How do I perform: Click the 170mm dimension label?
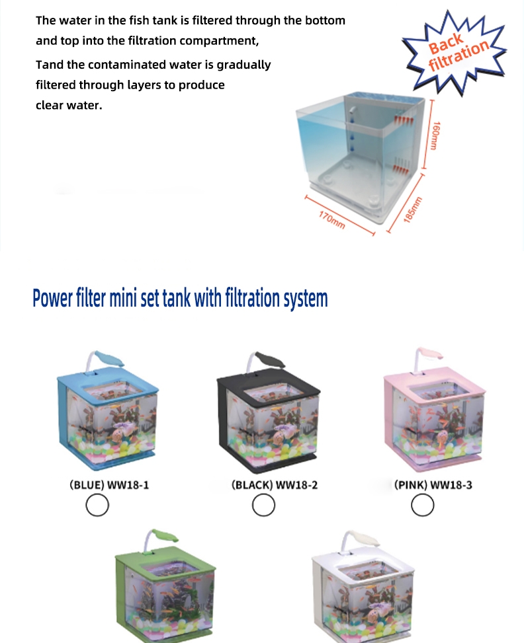[x=332, y=220]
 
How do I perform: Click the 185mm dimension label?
[x=412, y=209]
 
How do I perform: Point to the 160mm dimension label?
[x=435, y=135]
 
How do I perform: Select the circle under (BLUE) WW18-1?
[x=97, y=505]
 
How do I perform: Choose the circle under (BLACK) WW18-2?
[x=263, y=505]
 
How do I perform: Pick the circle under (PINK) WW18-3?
[x=423, y=505]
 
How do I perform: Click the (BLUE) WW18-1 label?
[x=109, y=484]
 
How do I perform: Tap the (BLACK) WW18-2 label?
[x=275, y=484]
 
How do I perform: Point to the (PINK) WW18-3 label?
[x=433, y=484]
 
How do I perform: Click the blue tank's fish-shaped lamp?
[x=108, y=358]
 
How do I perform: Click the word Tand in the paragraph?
[x=49, y=65]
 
